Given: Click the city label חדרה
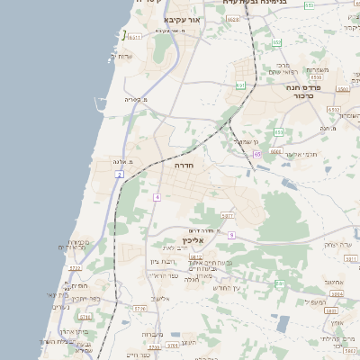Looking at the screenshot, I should (184, 166).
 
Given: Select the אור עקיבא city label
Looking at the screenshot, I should (175, 18).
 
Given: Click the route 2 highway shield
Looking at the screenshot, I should (120, 175).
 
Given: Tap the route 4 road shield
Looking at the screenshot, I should (157, 196).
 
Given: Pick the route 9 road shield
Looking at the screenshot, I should (231, 234).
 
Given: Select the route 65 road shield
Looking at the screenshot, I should (256, 155).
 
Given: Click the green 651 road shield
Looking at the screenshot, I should (240, 85).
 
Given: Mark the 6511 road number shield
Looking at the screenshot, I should (134, 37).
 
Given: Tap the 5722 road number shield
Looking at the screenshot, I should (75, 267).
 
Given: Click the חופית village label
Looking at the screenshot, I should (79, 286).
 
